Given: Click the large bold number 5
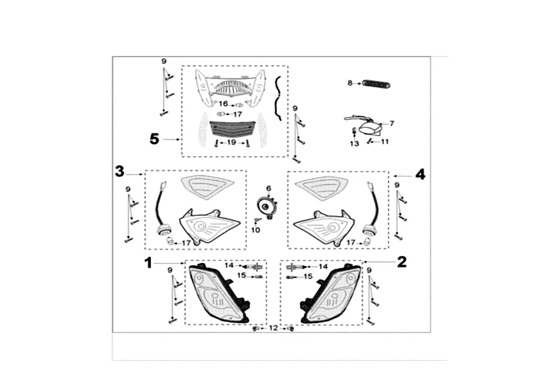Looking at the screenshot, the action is pos(154,139).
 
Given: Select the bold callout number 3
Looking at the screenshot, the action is pos(120,172).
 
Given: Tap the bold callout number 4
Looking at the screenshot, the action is pos(420,174).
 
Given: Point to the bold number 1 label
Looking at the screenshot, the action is pos(148,263).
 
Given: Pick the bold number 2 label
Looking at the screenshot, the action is pos(401,262).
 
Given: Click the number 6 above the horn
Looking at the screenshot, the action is pos(269,188).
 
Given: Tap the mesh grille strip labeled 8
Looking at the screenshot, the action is pos(376,84).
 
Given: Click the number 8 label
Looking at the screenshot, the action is pos(350,83).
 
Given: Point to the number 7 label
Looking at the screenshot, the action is pos(391,124).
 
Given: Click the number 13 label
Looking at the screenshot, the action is pos(354,143).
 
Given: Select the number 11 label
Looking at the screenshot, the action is pos(384,141).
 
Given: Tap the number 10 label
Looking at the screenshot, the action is pos(256,230).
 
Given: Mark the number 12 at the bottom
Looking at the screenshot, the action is pos(274,328).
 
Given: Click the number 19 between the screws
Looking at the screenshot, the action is pos(232,142).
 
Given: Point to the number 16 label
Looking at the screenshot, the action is pos(223,103).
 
